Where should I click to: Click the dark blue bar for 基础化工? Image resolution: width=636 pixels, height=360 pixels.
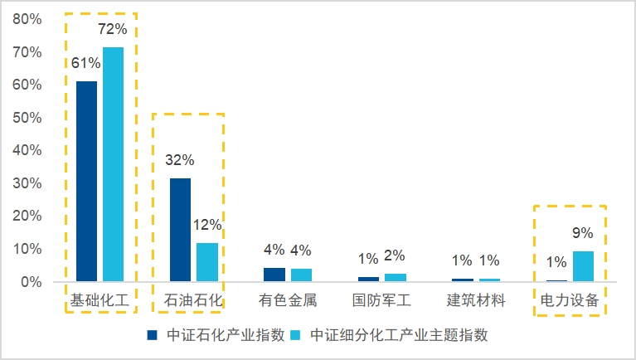coord(86,182)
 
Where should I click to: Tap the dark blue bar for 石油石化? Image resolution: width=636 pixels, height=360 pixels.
coord(180,230)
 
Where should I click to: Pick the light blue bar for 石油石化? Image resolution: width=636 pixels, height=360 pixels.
coord(207,262)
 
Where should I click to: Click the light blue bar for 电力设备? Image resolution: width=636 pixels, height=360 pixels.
coord(583,266)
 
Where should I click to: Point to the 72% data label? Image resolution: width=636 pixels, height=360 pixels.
coord(113,30)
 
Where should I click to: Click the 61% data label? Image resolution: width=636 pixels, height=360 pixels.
coord(85,63)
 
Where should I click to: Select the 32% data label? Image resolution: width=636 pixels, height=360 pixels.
coord(180,160)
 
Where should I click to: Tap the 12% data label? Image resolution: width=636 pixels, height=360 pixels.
coord(207,225)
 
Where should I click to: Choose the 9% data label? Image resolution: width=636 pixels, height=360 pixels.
coord(583,234)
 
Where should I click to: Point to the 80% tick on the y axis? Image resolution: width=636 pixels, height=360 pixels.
coord(27,19)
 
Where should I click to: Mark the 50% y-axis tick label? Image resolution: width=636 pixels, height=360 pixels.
coord(27,118)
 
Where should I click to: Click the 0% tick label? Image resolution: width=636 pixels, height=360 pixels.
coord(31,282)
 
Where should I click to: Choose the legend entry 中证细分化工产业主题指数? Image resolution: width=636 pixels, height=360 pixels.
coord(398,336)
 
